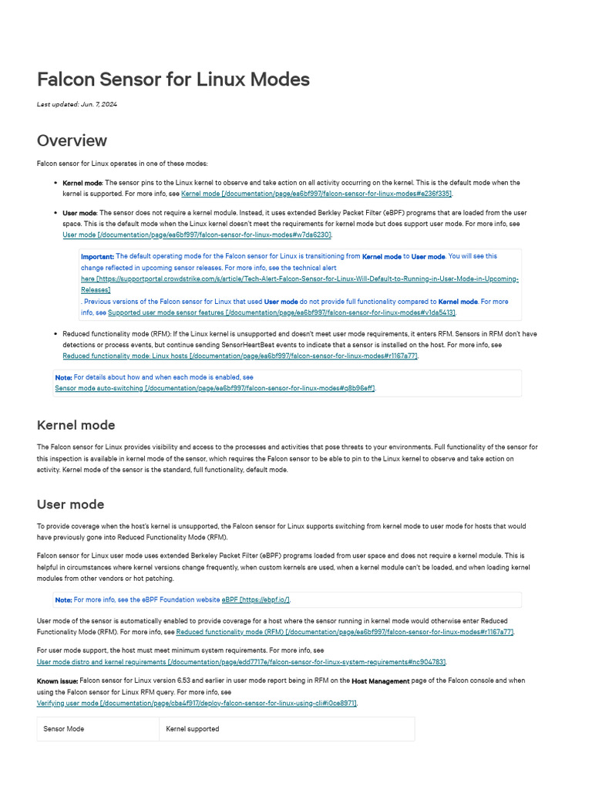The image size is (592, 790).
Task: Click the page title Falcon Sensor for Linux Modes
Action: coord(173,79)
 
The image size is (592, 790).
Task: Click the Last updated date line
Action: coord(77,104)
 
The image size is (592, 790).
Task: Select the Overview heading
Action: coord(72,140)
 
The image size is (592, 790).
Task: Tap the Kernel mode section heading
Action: coord(76,425)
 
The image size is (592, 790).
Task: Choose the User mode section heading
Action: coord(70,505)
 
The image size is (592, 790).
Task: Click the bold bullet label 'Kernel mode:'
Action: coord(81,183)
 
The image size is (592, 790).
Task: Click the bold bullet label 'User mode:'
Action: coord(79,213)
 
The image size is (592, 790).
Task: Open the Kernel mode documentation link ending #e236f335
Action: coord(316,193)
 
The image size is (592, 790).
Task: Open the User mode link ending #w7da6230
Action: coord(197,235)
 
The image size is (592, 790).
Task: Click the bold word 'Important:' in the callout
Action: coord(98,256)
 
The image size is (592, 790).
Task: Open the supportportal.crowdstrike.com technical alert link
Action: coord(301,279)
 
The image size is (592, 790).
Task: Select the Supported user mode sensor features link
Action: coord(281,312)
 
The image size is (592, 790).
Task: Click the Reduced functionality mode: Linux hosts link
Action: coord(240,356)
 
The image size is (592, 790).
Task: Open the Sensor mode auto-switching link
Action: coord(214,388)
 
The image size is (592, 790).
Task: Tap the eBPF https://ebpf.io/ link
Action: coord(255,599)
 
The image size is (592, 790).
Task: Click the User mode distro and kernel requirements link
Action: coord(241,662)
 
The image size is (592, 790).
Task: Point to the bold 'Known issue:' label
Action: coord(58,681)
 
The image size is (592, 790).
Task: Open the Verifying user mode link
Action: coord(197,704)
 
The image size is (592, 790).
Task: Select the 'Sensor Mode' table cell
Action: coord(64,729)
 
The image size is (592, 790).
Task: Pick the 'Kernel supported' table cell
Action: coord(193,729)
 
